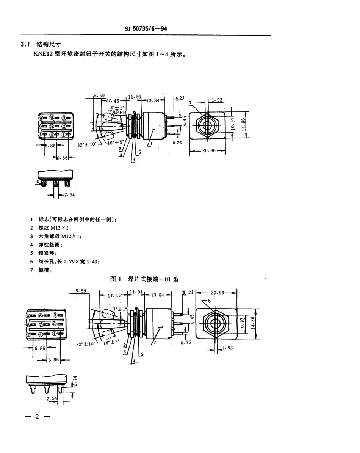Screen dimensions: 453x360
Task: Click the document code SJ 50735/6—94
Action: point(146,28)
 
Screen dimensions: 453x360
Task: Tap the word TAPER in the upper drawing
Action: point(117,112)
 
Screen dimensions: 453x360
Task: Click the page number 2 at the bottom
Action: point(37,417)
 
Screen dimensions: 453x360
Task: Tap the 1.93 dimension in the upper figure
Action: point(217,100)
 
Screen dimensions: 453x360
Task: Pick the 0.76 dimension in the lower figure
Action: point(186,343)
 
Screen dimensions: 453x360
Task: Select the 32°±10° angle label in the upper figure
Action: point(87,145)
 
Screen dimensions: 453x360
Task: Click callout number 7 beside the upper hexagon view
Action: point(191,102)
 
